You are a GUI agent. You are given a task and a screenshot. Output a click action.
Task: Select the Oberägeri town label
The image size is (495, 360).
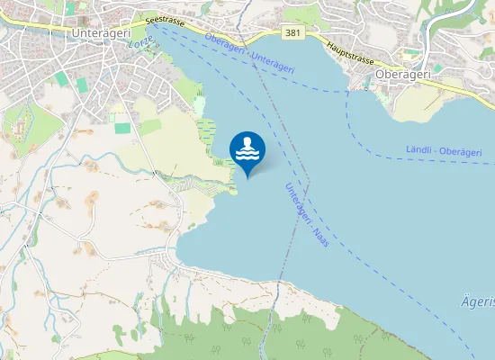402,75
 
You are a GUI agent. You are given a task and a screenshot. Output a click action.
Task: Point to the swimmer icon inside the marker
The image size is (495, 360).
247,148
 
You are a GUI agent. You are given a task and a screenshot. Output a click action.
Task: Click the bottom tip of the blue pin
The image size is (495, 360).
247,176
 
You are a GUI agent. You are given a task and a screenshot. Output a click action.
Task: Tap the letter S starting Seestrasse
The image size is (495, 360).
148,17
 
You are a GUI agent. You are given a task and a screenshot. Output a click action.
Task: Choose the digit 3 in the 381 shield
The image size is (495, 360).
287,33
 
